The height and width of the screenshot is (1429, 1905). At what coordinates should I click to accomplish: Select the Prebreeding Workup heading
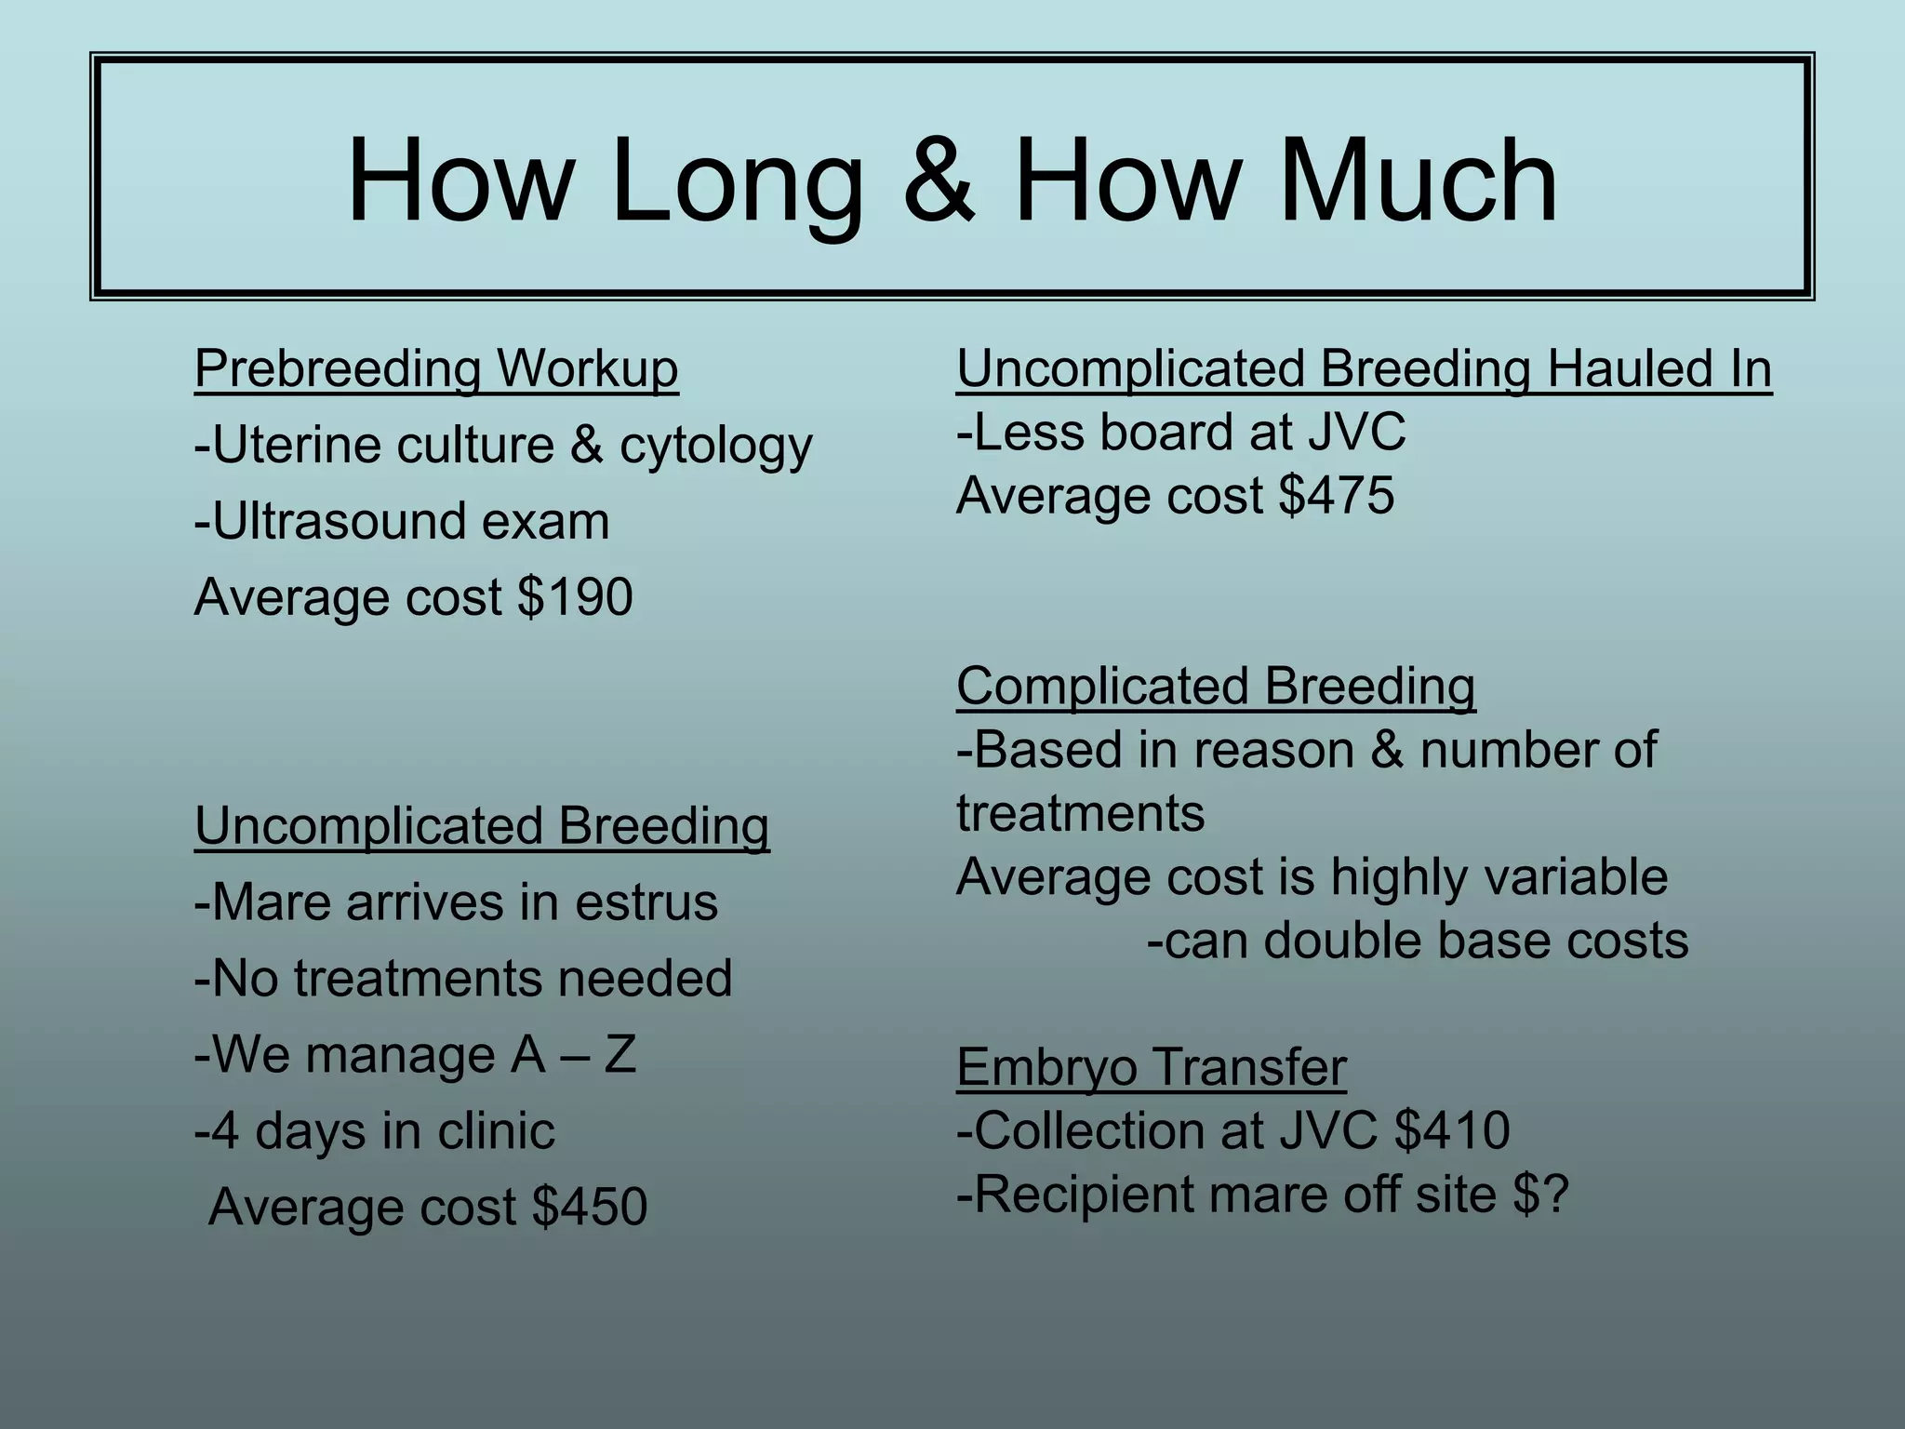pos(436,369)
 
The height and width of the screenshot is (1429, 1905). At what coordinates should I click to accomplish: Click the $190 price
pos(576,596)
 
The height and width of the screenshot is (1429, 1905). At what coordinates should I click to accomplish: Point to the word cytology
pos(715,446)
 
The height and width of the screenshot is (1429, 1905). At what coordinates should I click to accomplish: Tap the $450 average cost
pos(590,1207)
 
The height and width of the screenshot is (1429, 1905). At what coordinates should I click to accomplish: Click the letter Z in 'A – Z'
pos(619,1055)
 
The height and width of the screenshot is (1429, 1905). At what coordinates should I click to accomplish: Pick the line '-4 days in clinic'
pos(374,1131)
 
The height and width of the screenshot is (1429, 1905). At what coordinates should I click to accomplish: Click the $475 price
pos(1337,495)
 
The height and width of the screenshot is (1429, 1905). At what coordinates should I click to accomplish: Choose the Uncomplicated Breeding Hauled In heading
pos(1364,368)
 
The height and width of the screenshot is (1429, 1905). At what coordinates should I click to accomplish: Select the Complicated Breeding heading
pos(1215,687)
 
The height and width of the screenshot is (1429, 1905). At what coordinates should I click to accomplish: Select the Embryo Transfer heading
pos(1151,1067)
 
